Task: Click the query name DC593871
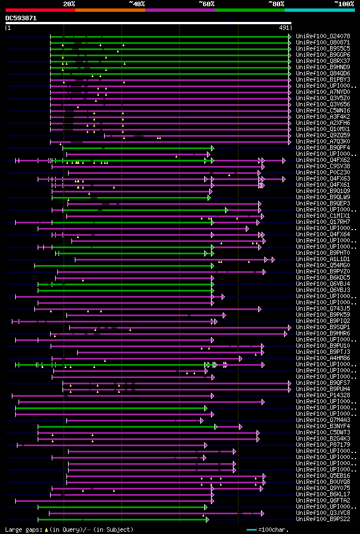21,18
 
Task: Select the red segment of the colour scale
40,10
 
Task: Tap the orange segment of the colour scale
110,10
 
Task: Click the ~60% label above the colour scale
206,4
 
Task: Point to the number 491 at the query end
284,28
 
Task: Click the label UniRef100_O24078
323,36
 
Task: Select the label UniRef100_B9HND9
323,67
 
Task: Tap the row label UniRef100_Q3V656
323,104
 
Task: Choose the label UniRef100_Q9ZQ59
323,135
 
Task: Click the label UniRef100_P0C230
323,172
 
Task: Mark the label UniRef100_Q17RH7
323,222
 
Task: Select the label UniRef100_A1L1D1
323,259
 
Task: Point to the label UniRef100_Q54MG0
323,265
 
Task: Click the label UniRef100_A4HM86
323,358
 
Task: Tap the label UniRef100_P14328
323,395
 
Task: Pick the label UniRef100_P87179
323,445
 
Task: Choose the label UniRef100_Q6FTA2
323,500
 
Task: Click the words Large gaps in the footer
21,529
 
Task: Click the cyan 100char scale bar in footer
251,529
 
